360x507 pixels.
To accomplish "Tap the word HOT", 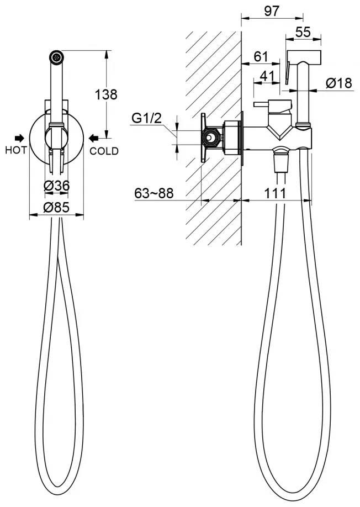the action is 16,150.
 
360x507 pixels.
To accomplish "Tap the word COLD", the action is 104,151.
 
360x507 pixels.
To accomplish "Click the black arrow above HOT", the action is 19,138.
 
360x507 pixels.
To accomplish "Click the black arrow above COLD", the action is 94,138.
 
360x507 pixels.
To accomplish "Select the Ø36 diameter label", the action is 56,186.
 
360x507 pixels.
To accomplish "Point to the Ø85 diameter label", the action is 56,207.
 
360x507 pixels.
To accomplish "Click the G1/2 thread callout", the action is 146,118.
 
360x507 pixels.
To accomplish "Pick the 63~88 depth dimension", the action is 154,193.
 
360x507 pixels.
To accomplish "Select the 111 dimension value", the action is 276,193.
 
